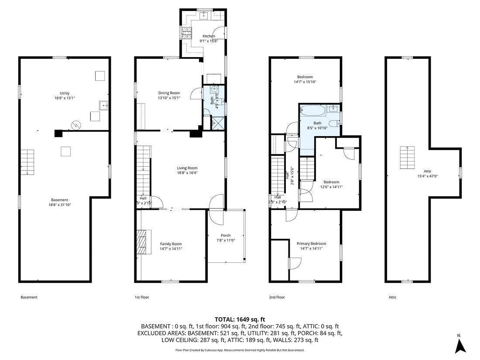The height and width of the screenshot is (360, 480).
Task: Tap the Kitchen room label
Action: (x=209, y=36)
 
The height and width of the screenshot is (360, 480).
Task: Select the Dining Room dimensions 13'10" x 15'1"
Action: (x=169, y=98)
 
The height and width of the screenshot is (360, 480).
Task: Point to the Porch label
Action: (x=226, y=236)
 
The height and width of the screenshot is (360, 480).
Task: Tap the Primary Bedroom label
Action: (x=311, y=244)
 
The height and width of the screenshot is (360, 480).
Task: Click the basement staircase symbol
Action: (x=27, y=162)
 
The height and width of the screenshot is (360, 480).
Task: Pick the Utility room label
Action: (x=65, y=93)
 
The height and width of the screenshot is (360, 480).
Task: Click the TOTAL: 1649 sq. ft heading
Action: (x=240, y=319)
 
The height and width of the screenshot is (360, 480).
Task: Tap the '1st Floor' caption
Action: (x=141, y=297)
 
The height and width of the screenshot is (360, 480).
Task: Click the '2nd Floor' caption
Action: (x=277, y=297)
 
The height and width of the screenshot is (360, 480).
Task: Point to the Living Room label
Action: (x=187, y=168)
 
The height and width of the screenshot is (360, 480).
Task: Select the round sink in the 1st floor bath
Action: (x=214, y=89)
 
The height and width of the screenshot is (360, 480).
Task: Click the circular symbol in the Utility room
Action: (x=76, y=125)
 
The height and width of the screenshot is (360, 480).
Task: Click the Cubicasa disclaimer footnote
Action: (x=240, y=350)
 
